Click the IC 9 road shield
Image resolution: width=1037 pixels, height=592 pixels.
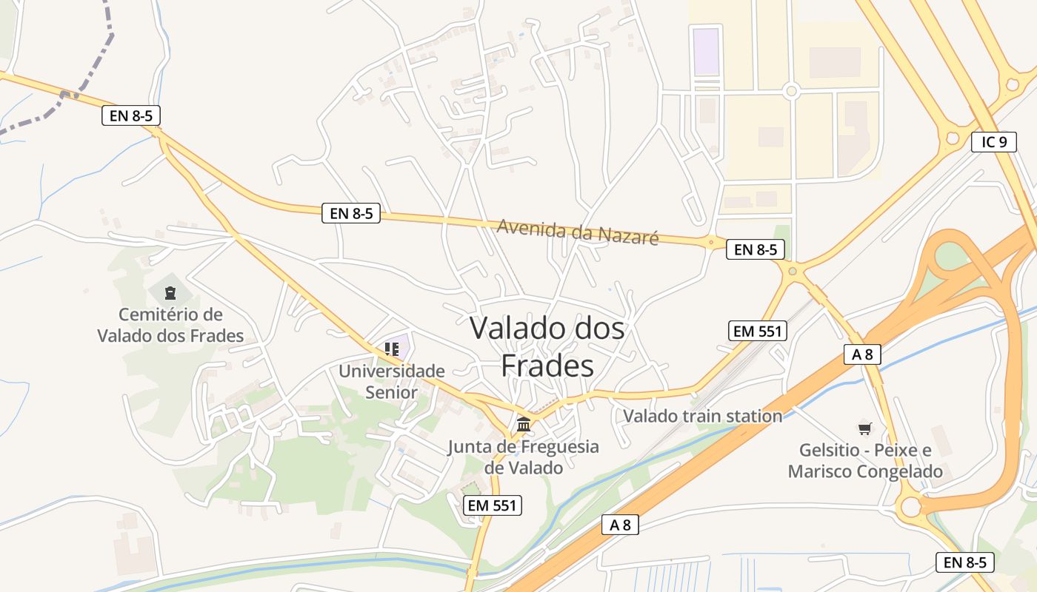tap(993, 142)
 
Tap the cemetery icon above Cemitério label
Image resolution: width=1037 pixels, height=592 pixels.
tap(170, 292)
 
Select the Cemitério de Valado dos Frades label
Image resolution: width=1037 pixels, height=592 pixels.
tap(170, 326)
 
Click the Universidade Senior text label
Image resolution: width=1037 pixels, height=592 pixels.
tap(392, 381)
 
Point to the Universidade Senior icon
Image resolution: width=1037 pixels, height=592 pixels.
tap(392, 349)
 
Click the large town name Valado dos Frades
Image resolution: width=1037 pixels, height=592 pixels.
tap(547, 346)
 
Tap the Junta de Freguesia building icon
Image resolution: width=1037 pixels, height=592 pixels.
tap(524, 425)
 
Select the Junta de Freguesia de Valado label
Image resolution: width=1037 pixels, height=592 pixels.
tap(524, 457)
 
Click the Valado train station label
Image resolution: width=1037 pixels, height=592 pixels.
tap(702, 416)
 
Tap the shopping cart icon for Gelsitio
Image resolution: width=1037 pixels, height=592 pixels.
tap(864, 428)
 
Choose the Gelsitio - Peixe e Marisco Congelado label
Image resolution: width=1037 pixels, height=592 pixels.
tap(865, 461)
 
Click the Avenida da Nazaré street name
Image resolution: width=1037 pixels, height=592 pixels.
tap(578, 231)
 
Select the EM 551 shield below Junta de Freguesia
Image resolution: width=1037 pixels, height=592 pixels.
tap(493, 505)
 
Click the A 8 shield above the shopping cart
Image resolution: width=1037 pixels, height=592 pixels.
tap(862, 354)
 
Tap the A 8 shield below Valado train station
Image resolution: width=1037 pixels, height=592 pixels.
tap(620, 525)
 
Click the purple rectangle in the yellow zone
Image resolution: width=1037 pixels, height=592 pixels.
tap(706, 52)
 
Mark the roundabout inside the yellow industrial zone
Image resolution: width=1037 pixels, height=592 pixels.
tap(790, 91)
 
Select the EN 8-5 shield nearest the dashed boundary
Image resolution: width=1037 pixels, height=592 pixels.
tap(131, 115)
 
